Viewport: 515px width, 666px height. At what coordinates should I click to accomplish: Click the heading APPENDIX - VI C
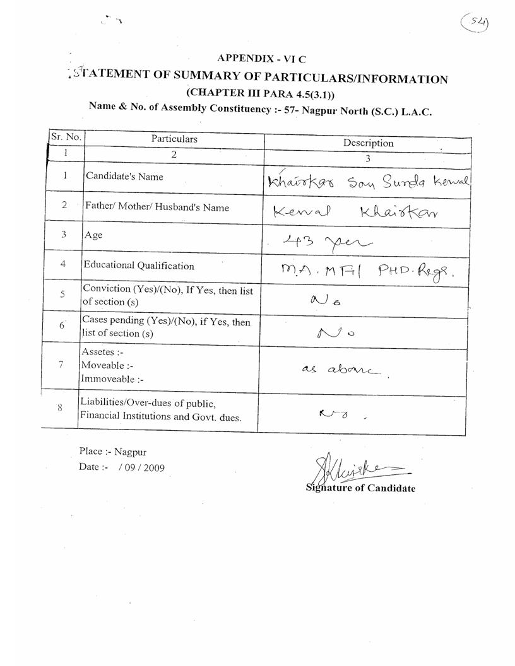(x=261, y=59)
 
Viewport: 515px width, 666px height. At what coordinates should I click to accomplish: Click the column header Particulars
(x=174, y=139)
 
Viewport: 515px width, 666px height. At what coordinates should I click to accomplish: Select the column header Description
(x=368, y=143)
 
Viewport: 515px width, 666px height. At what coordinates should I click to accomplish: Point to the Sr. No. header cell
(x=65, y=136)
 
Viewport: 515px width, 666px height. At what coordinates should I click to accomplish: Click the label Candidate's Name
(x=124, y=177)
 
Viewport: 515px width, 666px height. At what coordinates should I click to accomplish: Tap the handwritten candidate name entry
(x=369, y=182)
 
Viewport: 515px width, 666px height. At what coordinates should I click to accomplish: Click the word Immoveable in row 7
(x=107, y=379)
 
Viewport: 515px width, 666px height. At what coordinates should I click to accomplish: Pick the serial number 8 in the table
(x=59, y=407)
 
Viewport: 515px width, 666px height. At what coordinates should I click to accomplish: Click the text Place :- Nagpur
(x=112, y=452)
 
